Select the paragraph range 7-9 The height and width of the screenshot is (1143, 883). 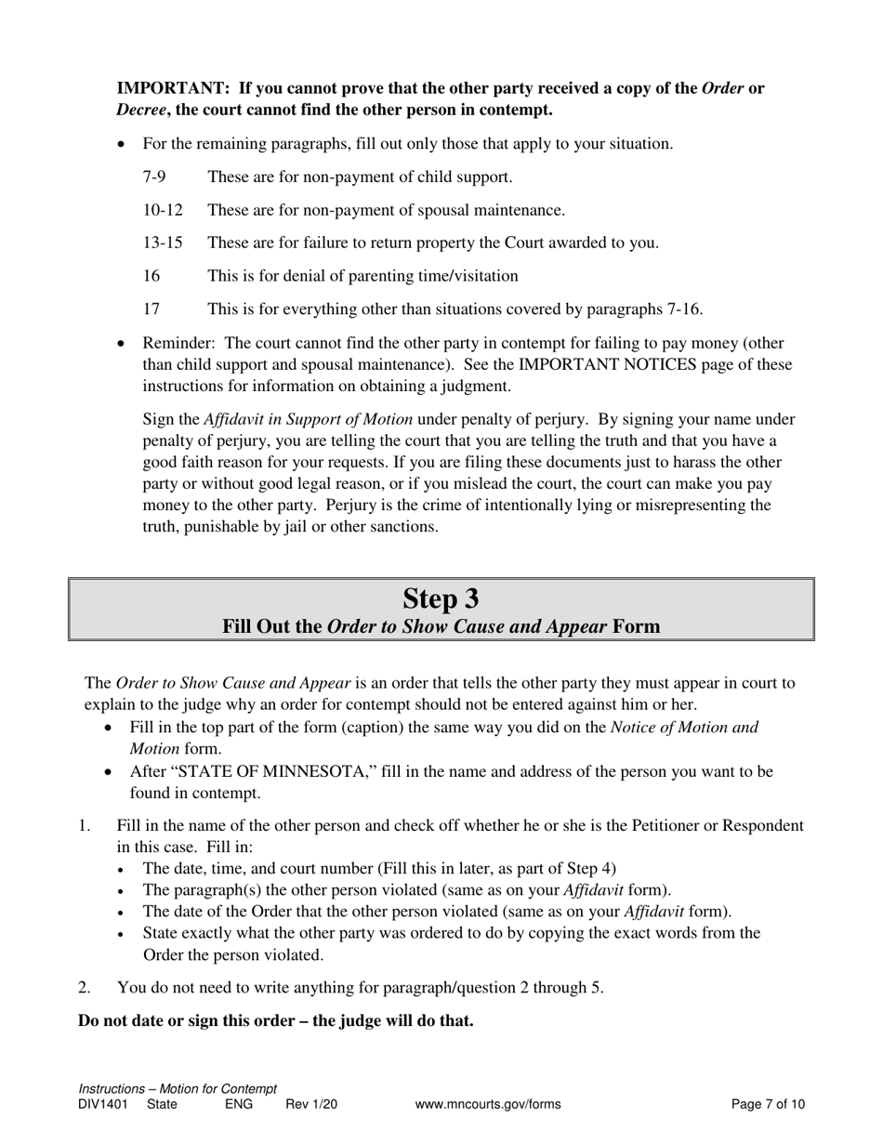point(154,177)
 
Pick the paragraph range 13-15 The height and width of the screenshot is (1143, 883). point(163,243)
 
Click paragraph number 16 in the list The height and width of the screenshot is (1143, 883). point(152,276)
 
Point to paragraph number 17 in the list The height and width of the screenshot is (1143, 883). point(152,309)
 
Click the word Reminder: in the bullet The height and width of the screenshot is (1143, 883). point(181,342)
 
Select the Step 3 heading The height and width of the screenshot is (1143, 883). point(441,598)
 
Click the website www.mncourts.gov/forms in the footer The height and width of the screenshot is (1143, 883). point(488,1105)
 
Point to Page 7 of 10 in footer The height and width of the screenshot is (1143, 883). point(768,1105)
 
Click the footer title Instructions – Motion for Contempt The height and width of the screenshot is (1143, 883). point(178,1089)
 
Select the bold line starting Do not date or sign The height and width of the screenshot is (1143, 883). point(276,1020)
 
